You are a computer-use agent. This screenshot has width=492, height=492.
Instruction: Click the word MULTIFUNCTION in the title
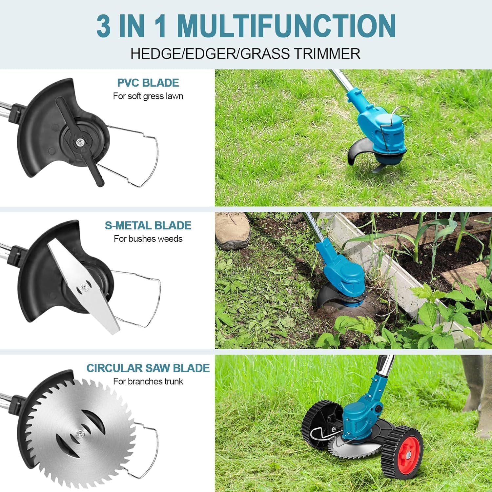pos(286,26)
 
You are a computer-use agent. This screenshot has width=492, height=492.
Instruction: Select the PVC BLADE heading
pos(148,83)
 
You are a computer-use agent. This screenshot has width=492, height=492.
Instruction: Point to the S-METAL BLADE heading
pos(148,225)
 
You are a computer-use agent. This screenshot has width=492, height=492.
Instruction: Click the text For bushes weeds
pos(148,239)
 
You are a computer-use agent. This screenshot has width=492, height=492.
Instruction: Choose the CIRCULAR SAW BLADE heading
pos(148,368)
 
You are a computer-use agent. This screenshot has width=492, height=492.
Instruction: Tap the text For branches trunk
pos(148,381)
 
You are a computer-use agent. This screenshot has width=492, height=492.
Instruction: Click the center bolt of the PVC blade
pos(79,142)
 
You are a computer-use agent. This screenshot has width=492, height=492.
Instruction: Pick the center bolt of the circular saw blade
pos(78,434)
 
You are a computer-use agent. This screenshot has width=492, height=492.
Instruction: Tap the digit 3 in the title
pos(104,26)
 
